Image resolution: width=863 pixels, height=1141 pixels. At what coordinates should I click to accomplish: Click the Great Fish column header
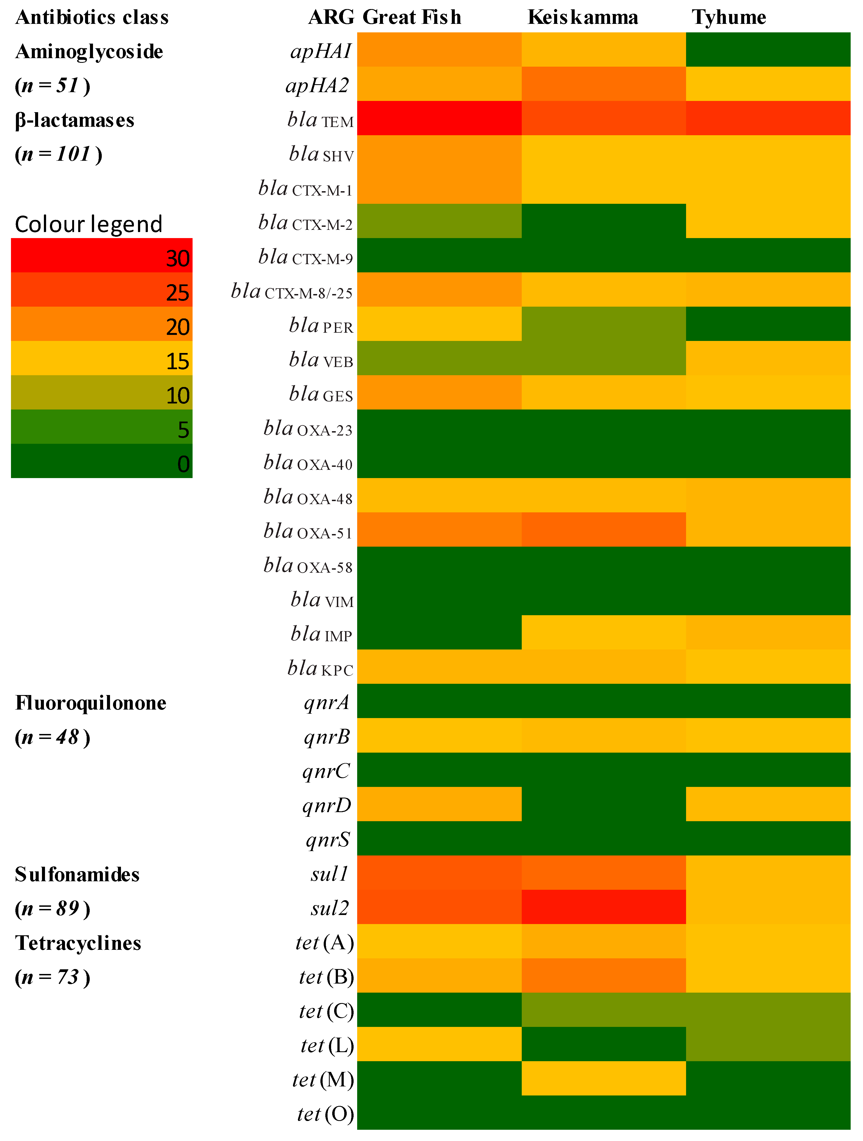point(412,17)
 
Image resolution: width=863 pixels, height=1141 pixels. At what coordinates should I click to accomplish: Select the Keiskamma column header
point(583,17)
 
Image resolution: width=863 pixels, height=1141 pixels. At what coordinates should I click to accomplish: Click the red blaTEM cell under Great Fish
point(439,118)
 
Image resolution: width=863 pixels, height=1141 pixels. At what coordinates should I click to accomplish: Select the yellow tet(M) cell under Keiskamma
point(603,1078)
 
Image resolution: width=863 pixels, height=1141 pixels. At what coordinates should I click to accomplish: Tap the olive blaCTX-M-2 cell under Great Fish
point(439,221)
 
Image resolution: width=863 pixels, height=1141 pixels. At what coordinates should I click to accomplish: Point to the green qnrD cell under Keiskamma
point(603,804)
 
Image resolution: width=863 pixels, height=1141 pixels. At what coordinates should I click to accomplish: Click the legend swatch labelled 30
point(101,255)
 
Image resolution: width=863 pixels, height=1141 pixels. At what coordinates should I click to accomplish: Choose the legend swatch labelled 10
point(101,392)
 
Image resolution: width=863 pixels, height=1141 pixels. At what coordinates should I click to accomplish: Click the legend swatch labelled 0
point(101,461)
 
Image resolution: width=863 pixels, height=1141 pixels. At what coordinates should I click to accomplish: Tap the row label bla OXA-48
point(308,497)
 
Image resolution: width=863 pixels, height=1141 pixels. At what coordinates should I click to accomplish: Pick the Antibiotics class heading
point(92,17)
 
